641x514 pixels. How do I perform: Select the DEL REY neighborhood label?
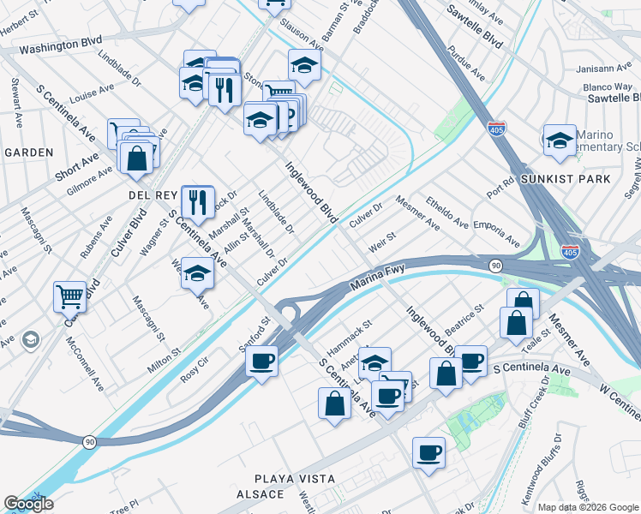(153, 195)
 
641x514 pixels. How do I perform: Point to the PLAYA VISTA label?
(294, 478)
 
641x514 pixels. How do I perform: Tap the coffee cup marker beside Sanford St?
(262, 360)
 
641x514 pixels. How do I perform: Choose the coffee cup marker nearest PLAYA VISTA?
(428, 452)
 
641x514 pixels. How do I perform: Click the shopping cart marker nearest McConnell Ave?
(70, 296)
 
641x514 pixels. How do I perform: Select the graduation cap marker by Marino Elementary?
(560, 140)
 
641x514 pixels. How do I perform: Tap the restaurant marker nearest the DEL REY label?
(198, 201)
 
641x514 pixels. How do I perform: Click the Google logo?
(27, 504)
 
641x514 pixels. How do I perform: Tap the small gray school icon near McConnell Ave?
(31, 340)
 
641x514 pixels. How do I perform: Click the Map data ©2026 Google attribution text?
(588, 507)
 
